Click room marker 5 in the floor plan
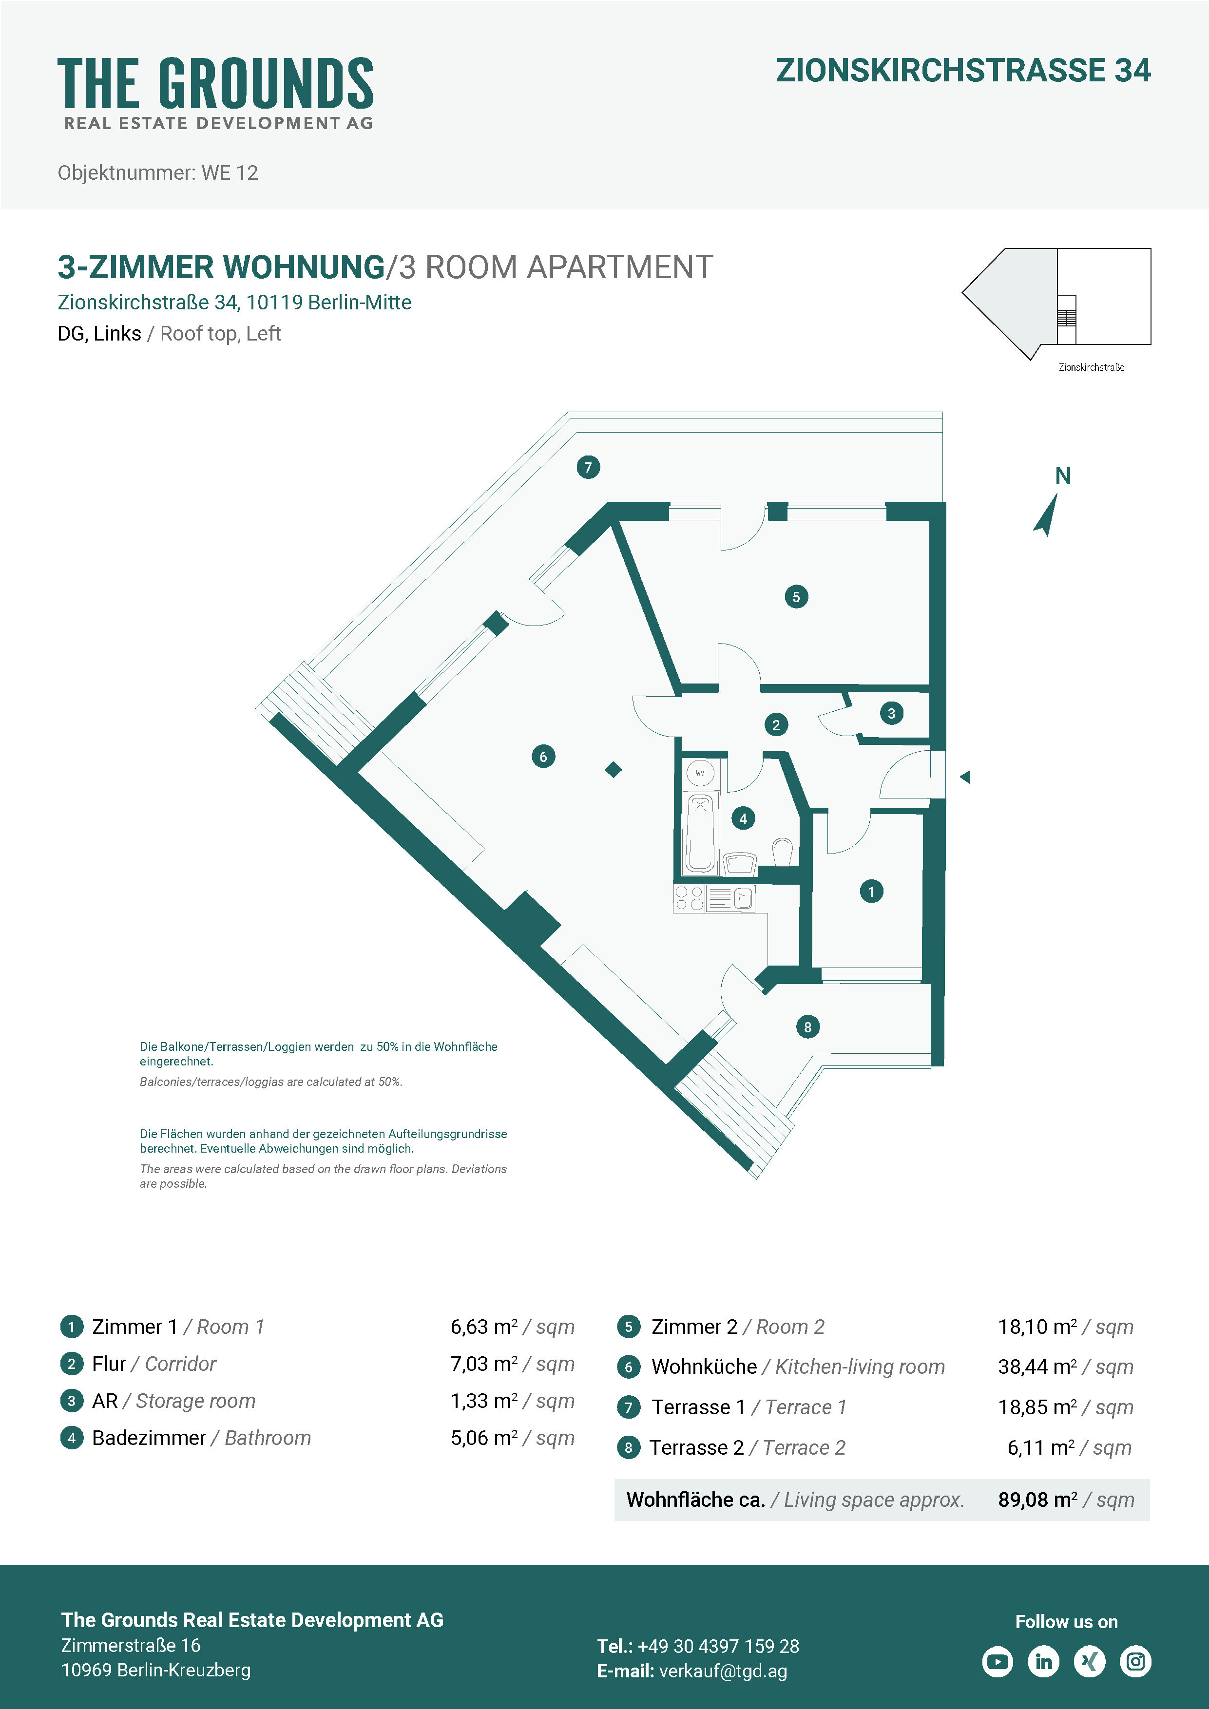coord(796,596)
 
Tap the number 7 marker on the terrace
coord(588,468)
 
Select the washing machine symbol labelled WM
coord(700,773)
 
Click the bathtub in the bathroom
coord(700,832)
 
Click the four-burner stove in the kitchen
coord(689,898)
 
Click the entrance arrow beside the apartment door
coord(965,777)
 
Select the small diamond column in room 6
coord(614,770)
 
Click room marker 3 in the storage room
coord(891,713)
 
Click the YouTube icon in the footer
coord(998,1661)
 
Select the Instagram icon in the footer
coord(1135,1661)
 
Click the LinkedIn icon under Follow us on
coord(1044,1661)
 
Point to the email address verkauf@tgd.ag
coord(723,1671)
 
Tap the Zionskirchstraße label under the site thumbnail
coord(1092,367)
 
